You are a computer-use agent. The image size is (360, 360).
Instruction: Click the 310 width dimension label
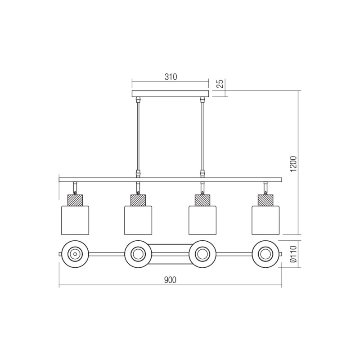[170, 77]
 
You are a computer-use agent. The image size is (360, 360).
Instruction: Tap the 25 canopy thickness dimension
[220, 84]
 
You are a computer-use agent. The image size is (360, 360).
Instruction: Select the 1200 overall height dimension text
[292, 162]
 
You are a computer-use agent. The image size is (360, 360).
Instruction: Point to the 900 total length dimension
[170, 280]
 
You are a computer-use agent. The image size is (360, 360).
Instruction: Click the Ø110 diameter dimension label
[292, 255]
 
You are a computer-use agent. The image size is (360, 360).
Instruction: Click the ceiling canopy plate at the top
[171, 94]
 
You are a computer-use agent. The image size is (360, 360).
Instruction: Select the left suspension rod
[138, 135]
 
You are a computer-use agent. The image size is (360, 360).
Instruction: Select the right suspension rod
[202, 135]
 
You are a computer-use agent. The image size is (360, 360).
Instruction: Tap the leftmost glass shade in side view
[75, 220]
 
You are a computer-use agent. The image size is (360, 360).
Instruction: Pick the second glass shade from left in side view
[138, 220]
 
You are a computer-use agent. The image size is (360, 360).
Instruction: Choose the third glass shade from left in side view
[202, 220]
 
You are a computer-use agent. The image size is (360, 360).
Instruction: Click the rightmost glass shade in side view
[265, 220]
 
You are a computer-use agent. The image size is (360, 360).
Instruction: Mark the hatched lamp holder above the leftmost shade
[75, 200]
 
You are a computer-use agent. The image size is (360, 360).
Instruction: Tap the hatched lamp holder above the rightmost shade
[265, 200]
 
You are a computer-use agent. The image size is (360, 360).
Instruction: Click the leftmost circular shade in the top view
[75, 254]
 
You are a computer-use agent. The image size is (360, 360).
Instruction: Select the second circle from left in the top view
[138, 254]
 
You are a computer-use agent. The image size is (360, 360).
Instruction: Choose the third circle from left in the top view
[202, 254]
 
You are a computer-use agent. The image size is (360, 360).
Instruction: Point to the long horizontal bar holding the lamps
[170, 180]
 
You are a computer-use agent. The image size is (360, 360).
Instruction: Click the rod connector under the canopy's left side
[138, 99]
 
